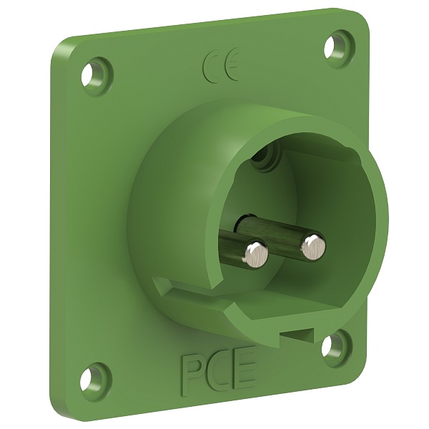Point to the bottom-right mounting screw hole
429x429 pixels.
click(330, 344)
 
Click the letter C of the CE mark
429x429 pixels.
click(210, 66)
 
